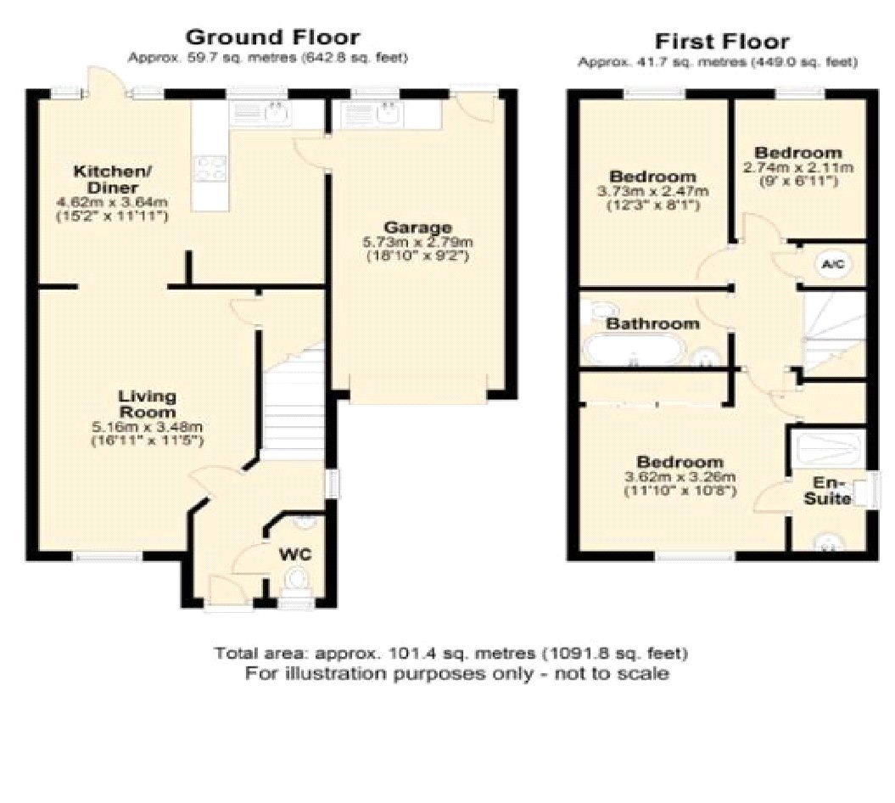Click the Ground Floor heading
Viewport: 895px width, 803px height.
[x=271, y=37]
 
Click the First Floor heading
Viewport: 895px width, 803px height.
[x=721, y=41]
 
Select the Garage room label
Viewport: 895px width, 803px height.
[x=417, y=227]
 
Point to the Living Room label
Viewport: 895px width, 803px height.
[x=147, y=403]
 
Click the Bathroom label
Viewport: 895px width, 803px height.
[x=652, y=323]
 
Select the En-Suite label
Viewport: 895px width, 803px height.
[x=827, y=490]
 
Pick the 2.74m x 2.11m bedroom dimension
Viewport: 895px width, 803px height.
[x=798, y=167]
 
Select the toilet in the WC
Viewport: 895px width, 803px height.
[x=296, y=581]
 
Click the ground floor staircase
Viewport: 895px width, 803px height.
[x=293, y=399]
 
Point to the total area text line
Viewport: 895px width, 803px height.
[x=450, y=654]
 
